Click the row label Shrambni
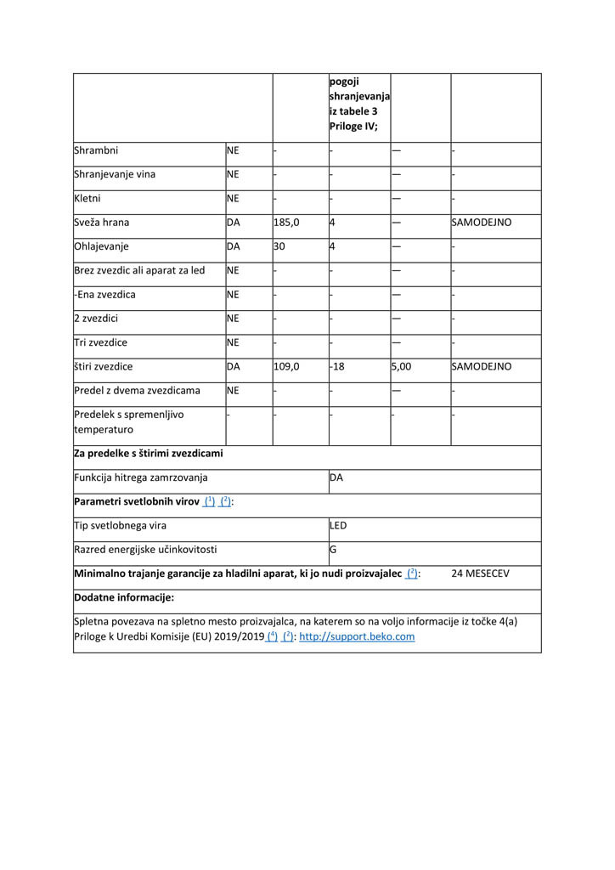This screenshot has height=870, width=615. coord(96,151)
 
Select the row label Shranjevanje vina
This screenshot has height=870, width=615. coord(115,175)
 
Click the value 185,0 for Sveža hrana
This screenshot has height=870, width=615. coord(286,223)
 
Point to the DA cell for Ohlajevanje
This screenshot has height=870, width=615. coord(234,246)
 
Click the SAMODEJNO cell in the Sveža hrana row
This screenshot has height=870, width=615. coord(482,223)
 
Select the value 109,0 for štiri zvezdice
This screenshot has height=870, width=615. coord(286,367)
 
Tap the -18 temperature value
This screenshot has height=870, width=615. coord(338,367)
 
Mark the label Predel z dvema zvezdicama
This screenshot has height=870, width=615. coord(138,391)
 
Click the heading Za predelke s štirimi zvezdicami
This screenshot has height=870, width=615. coord(149,454)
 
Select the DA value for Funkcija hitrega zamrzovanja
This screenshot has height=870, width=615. coord(336,477)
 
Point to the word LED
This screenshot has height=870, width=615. coord(338,526)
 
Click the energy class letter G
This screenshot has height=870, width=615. coord(333,550)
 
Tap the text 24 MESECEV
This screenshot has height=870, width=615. coord(481,573)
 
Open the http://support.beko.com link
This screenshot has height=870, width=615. coord(357,636)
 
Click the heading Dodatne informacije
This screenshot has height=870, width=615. coord(124,597)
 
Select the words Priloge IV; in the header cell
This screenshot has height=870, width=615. coord(353,126)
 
